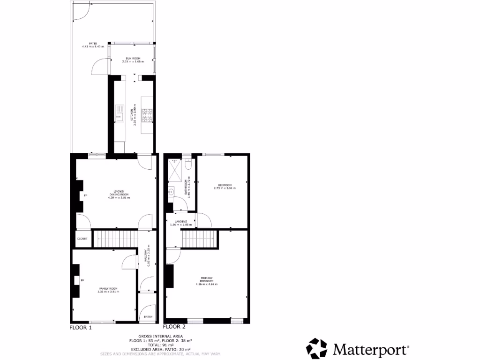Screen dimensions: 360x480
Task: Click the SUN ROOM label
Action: pos(133,58)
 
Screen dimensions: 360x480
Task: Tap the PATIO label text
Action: pos(86,43)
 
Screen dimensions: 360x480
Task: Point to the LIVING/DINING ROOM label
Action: pos(119,195)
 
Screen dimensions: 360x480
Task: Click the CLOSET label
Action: pos(82,239)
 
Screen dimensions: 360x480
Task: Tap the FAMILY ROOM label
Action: pos(108,288)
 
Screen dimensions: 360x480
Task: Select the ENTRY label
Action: pos(149,317)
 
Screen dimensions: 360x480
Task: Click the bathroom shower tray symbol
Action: pos(175,166)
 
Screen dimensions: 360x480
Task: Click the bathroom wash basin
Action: pos(171,191)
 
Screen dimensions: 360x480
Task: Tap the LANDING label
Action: pos(181,221)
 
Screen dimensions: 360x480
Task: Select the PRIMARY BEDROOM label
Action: pos(207,280)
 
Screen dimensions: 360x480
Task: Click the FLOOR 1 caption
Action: pos(81,328)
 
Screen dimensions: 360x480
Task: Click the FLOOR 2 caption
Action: pos(174,327)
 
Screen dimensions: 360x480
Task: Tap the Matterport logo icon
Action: pos(317,349)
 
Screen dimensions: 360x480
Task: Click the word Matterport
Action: pos(370,349)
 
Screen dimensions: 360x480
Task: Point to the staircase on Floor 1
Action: pos(115,238)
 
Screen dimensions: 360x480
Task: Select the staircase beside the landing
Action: pos(199,239)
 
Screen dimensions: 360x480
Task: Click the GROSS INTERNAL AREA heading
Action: pos(159,337)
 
